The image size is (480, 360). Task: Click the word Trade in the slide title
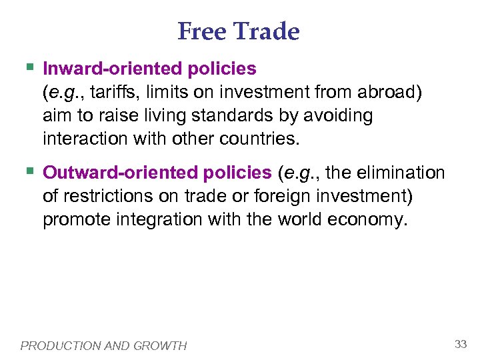coord(267,31)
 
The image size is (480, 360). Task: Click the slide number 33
coord(460,344)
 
